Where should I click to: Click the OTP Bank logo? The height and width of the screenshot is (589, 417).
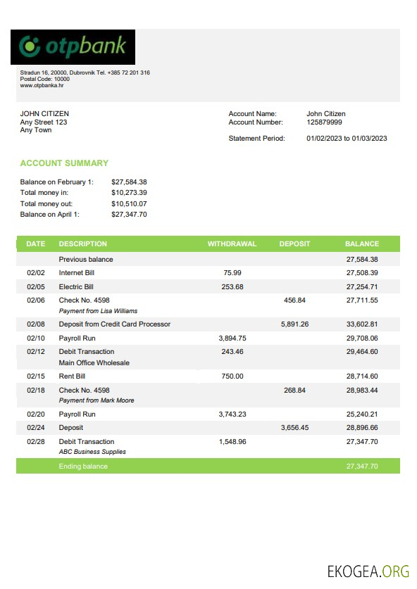[x=74, y=47]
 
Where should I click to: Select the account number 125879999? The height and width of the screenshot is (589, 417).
[x=325, y=122]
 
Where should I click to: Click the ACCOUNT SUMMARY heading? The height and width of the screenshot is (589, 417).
[x=64, y=163]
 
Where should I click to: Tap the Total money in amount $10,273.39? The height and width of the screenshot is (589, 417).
[x=129, y=193]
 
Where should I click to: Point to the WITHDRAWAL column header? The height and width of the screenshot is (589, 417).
[x=232, y=244]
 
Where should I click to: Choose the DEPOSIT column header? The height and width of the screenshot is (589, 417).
[x=294, y=244]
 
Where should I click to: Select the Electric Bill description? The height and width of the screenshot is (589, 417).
[x=76, y=287]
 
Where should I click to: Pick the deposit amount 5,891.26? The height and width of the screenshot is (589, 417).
[x=294, y=324]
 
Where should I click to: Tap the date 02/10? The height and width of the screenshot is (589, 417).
[x=36, y=338]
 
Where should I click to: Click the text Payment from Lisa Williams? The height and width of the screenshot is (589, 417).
[x=98, y=311]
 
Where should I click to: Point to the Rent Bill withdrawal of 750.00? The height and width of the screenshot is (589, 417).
[x=232, y=376]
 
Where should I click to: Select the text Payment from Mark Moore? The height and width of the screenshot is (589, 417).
[x=97, y=400]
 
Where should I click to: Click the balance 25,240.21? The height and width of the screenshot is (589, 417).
[x=362, y=414]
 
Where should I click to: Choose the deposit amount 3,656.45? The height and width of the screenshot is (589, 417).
[x=294, y=428]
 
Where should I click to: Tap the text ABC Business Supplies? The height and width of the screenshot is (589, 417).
[x=92, y=452]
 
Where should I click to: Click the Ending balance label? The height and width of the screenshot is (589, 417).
[x=83, y=467]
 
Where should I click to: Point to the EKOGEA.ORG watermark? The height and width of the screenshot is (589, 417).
[x=368, y=571]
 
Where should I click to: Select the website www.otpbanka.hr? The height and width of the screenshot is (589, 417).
[x=42, y=86]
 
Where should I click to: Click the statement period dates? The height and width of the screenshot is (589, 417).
[x=347, y=139]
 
